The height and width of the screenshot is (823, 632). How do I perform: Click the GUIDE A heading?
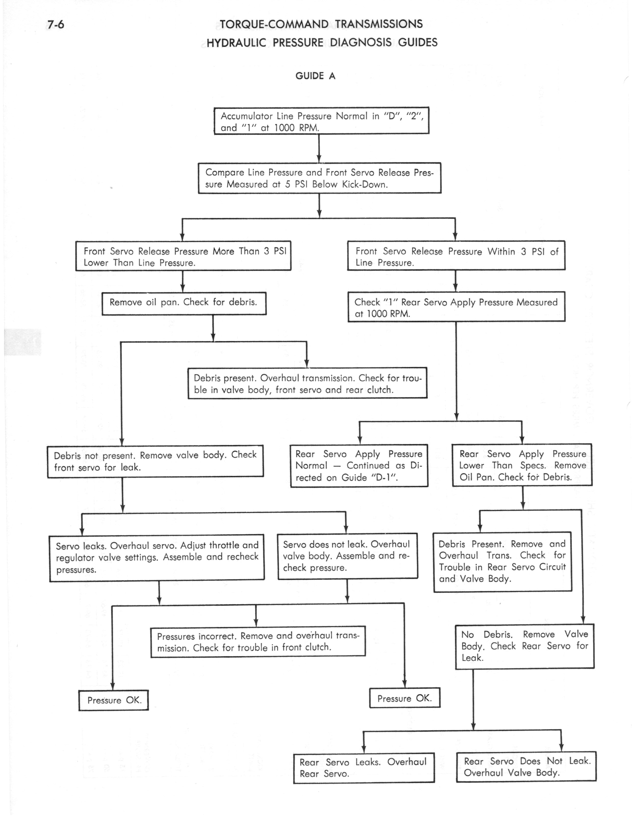tap(315, 76)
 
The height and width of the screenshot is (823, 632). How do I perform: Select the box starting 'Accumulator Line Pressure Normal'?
tap(321, 121)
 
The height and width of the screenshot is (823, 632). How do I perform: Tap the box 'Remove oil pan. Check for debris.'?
tap(184, 303)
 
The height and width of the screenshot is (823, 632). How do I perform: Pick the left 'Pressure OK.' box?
tap(114, 700)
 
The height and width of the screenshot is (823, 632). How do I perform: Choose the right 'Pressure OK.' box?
tap(405, 698)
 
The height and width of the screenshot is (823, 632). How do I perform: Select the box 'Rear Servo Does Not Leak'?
tap(526, 767)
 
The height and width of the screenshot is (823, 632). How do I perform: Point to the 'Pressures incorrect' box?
tap(258, 642)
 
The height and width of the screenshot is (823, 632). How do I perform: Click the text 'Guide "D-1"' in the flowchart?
tap(370, 478)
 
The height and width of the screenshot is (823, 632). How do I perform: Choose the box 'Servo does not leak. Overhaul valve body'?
tap(348, 556)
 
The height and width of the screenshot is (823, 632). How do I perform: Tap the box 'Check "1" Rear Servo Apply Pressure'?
tap(456, 307)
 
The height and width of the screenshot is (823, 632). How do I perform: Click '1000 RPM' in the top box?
tap(296, 128)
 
